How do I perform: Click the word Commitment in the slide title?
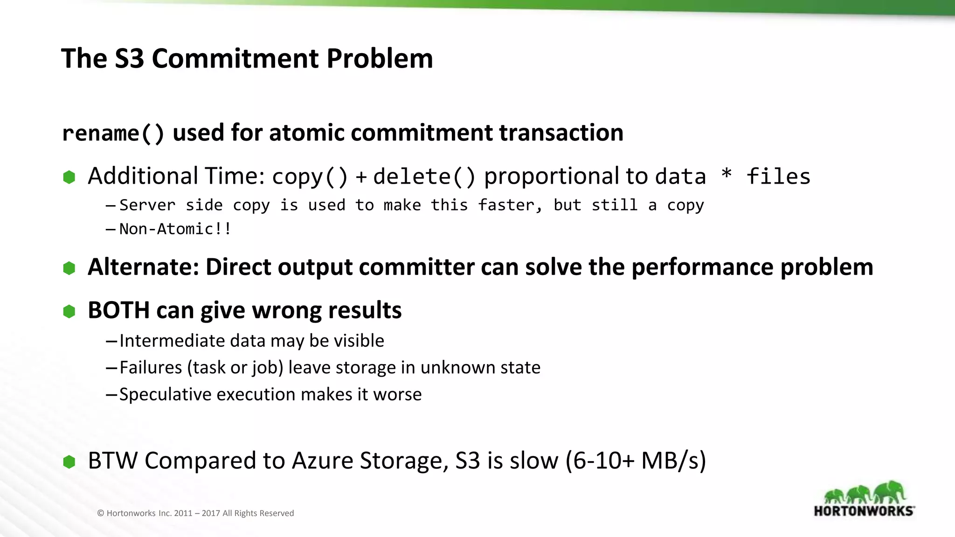coord(235,59)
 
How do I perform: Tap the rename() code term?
coord(113,133)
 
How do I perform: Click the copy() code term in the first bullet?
coord(310,177)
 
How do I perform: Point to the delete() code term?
coord(424,177)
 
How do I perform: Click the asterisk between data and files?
coord(726,175)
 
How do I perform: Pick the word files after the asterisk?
coord(778,177)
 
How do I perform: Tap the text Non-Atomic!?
coord(175,229)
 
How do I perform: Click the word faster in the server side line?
coord(510,205)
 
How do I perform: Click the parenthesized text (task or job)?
coord(235,368)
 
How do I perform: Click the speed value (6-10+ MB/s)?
coord(636,461)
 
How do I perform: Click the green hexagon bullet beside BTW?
coord(69,462)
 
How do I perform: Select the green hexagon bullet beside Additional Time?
coord(69,177)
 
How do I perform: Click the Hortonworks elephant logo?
coord(864,498)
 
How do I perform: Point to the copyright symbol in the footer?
coord(100,513)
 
